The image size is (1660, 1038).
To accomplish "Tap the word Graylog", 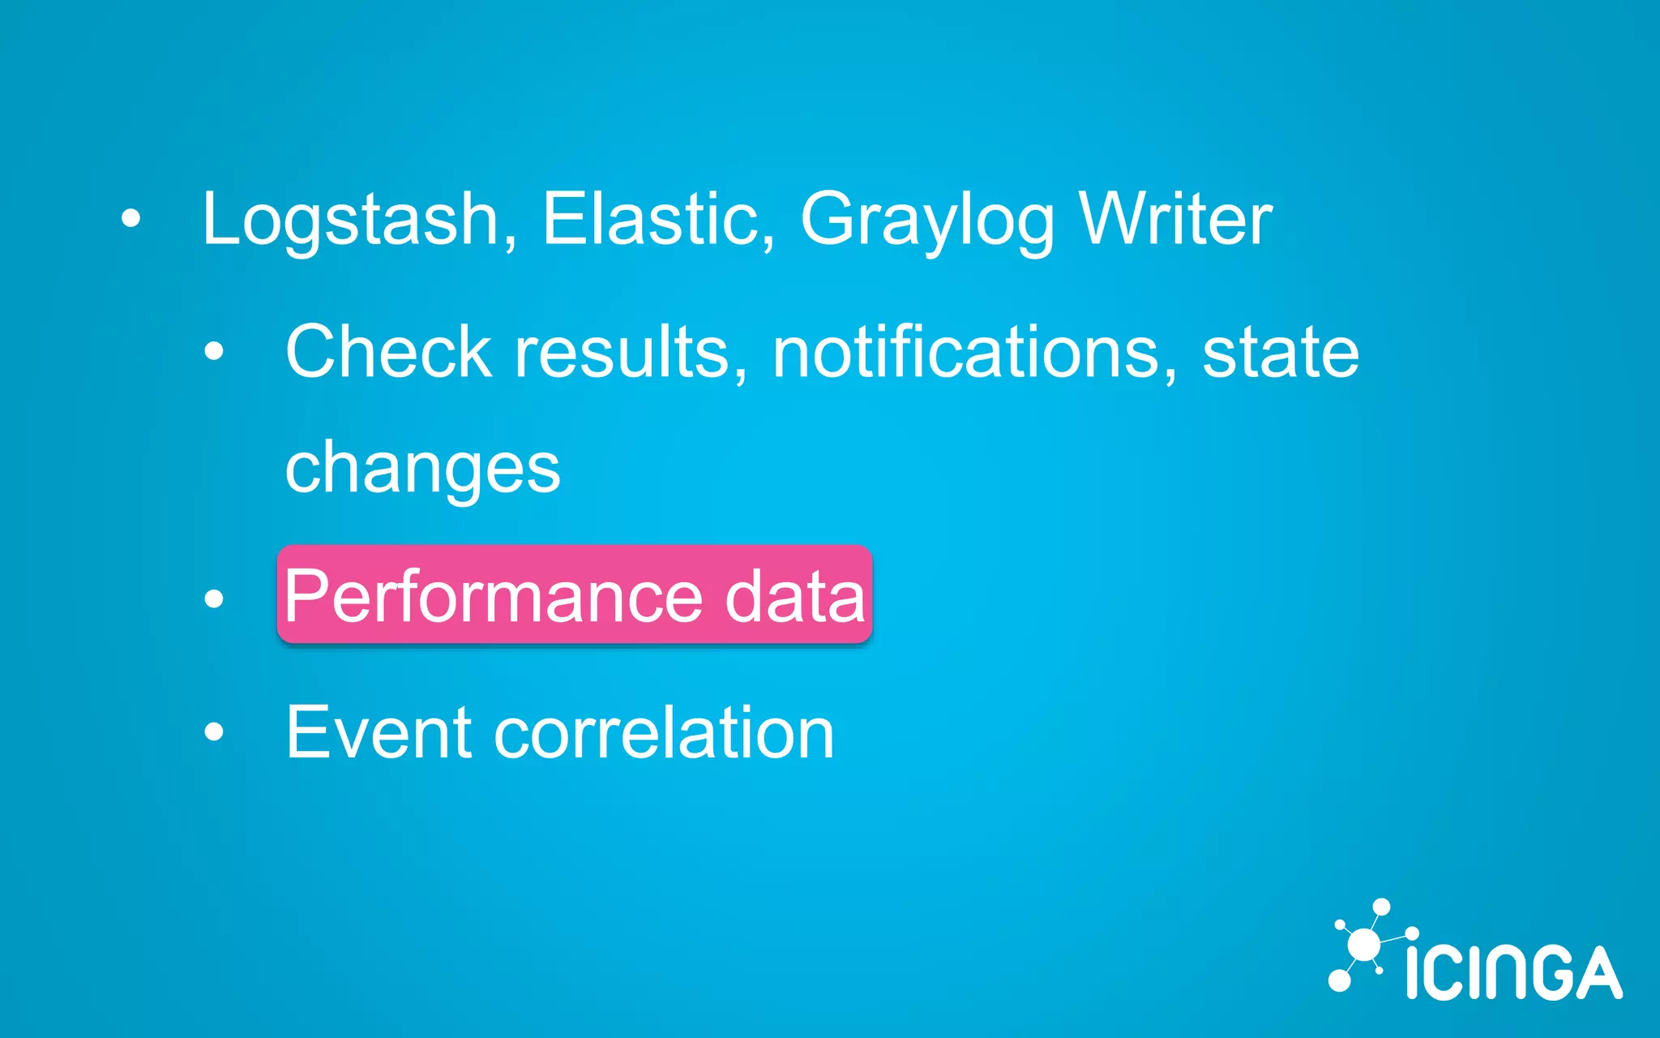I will point(927,220).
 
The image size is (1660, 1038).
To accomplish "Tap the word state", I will point(1280,353).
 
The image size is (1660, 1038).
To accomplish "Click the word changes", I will point(422,470).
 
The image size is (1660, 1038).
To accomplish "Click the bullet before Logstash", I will point(130,218).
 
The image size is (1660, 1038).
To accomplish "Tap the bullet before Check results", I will point(214,352).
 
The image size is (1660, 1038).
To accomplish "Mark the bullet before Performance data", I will point(214,598).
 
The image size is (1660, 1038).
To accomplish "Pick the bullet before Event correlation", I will point(214,732).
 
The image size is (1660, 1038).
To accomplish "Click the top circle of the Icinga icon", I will point(1381,907).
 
